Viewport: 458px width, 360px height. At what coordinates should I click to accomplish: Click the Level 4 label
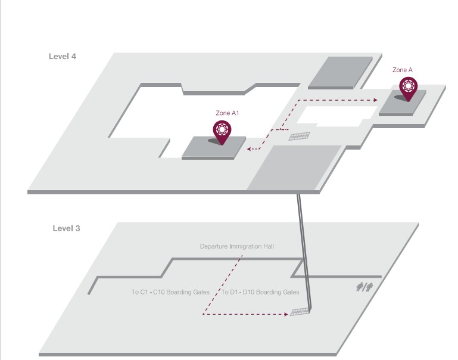(63, 57)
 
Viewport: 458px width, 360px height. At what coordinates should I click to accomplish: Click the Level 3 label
(66, 228)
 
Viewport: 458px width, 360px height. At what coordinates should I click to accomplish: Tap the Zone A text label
(403, 70)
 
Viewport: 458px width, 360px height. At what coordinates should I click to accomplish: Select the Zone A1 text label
(227, 112)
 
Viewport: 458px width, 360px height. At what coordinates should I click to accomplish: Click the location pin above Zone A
(408, 87)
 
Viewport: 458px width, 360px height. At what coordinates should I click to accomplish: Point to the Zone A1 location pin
(222, 131)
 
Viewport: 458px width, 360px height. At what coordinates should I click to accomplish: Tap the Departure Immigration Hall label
(236, 246)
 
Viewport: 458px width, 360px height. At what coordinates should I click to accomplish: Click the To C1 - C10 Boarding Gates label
(170, 293)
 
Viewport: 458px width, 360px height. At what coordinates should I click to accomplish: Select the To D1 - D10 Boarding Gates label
(260, 293)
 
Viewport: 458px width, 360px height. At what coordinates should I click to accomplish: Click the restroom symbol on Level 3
(364, 287)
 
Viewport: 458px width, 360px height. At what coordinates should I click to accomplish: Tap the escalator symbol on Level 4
(300, 136)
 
